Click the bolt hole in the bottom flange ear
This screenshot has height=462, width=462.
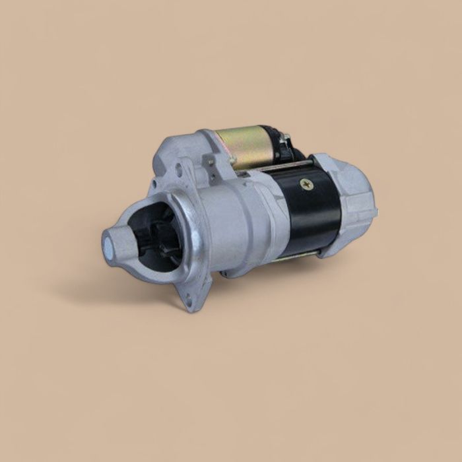tap(189, 301)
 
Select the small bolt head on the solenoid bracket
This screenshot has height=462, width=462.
tap(211, 161)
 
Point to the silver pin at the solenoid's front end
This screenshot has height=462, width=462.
tap(232, 160)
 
